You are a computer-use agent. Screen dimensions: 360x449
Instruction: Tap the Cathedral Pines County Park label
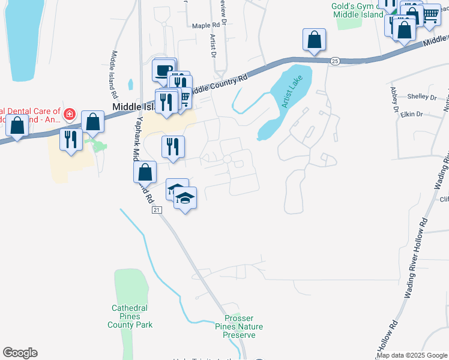coord(130,316)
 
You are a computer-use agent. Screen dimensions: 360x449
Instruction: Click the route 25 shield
coord(335,61)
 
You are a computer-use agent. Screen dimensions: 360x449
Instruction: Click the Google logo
coord(20,353)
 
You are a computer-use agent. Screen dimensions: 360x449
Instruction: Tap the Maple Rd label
coord(205,26)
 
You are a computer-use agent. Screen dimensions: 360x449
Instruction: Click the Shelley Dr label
coord(422,97)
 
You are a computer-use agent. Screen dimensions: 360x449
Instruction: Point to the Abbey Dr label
coord(394,100)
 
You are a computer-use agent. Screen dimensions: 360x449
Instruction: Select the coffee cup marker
coord(163,71)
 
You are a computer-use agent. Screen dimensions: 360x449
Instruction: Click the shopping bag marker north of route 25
coord(314,40)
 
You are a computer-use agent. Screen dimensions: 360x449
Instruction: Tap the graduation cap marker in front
coord(186,199)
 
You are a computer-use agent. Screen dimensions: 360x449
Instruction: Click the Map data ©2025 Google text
coord(412,355)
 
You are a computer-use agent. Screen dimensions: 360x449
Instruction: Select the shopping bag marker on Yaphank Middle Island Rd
coord(145,173)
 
